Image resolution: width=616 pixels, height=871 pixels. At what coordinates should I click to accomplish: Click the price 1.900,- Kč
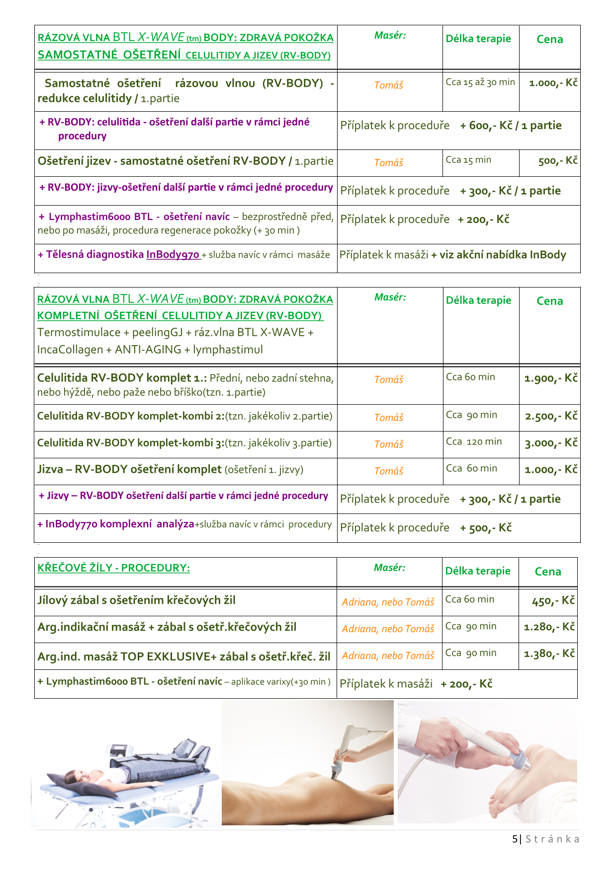(551, 378)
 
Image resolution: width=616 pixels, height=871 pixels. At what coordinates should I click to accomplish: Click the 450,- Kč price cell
(553, 601)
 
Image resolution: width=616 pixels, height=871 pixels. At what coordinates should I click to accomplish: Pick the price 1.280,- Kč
(549, 627)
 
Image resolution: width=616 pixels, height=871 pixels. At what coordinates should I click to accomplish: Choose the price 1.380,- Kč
(549, 653)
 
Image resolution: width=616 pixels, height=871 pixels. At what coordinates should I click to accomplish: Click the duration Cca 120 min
(474, 441)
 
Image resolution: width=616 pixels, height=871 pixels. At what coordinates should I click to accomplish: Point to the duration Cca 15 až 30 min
(480, 82)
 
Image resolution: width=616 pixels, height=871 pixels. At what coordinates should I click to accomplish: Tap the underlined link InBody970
(173, 255)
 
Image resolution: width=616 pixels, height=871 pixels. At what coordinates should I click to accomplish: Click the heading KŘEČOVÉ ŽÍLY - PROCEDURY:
(114, 568)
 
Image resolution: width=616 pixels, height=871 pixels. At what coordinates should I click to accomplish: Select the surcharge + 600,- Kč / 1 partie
(511, 126)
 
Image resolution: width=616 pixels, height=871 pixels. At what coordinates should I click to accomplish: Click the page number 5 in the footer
(515, 839)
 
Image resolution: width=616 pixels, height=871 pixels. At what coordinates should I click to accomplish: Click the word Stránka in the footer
(552, 839)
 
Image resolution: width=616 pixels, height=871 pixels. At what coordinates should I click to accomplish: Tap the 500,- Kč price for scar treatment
(558, 161)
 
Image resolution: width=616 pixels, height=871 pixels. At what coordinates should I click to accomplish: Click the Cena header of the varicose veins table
(548, 572)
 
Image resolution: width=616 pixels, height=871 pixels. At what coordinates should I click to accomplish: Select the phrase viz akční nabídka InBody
(499, 255)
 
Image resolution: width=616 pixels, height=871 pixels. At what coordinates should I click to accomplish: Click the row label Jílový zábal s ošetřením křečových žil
(136, 600)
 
